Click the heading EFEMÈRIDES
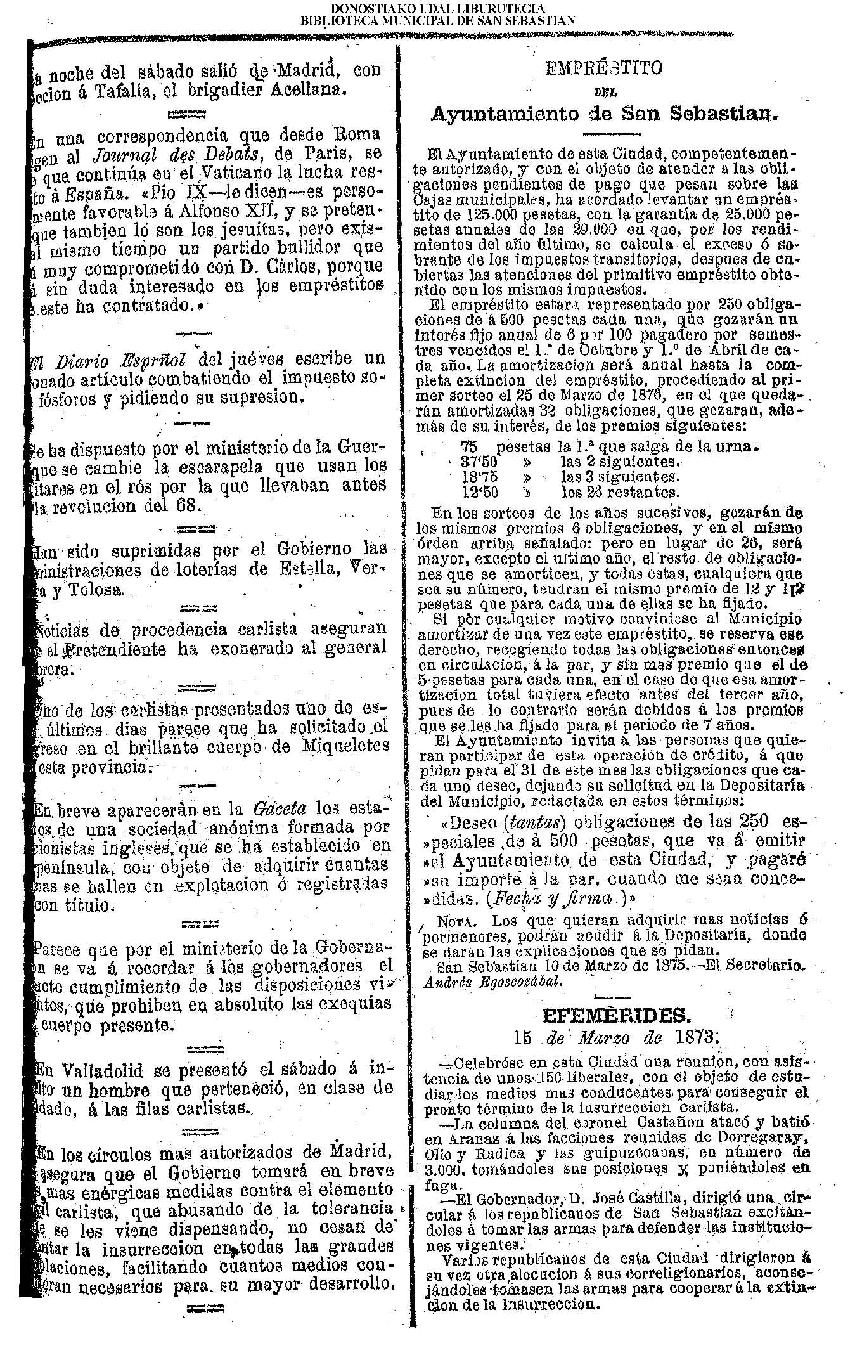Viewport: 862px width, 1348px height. tap(615, 1016)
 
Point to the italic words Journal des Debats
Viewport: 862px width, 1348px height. tap(157, 154)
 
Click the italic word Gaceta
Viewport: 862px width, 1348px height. tap(280, 810)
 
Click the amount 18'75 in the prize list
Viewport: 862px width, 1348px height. tap(479, 476)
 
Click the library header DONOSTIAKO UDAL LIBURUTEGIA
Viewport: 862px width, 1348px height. tap(437, 9)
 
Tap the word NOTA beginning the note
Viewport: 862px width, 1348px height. tap(454, 920)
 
